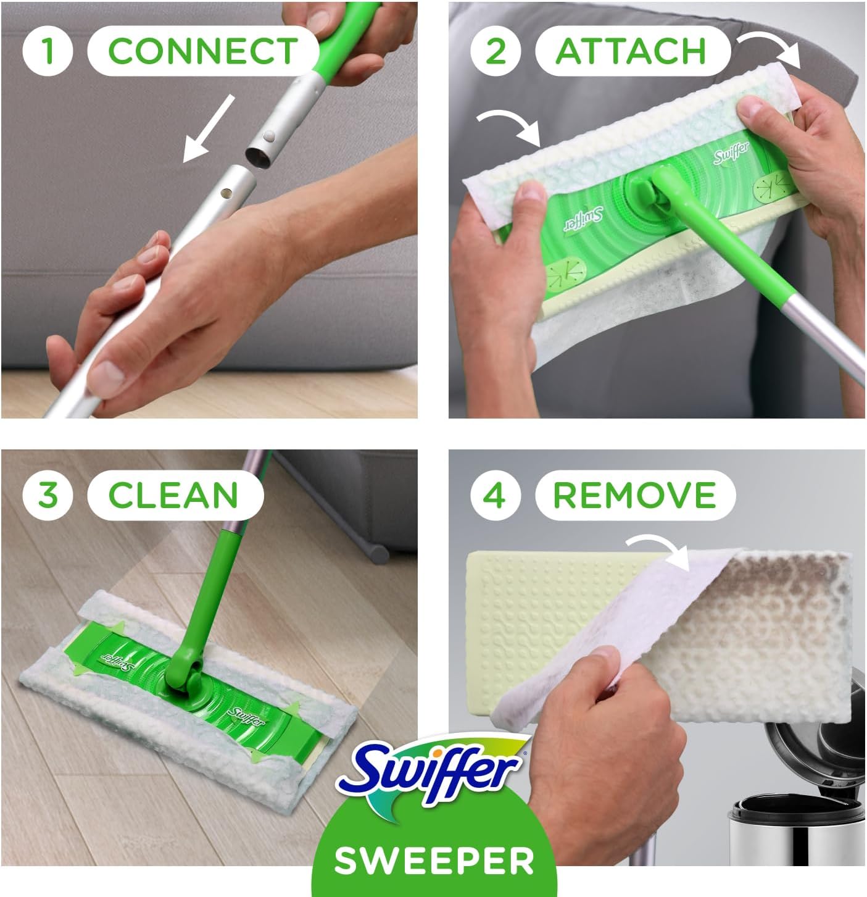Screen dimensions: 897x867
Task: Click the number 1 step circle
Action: (48, 50)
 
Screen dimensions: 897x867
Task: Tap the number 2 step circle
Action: (496, 50)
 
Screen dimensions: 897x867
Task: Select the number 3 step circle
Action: (48, 495)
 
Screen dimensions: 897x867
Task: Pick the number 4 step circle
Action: (496, 495)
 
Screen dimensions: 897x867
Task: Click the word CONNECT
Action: (202, 50)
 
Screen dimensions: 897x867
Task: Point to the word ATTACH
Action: (631, 50)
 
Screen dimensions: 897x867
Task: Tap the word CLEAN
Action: (173, 495)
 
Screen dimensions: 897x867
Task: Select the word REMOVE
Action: (634, 495)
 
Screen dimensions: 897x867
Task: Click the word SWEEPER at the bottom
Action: (434, 860)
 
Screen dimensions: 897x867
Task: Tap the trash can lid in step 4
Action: (802, 747)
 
